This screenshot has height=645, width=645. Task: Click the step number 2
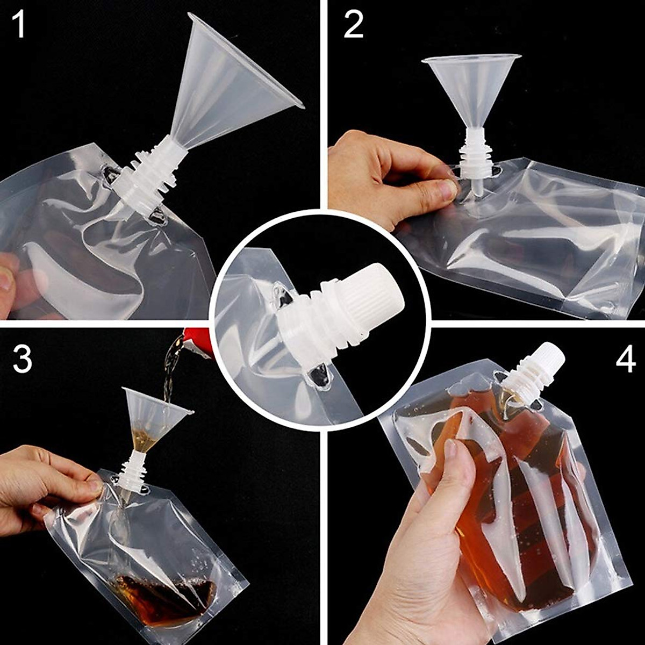(x=353, y=25)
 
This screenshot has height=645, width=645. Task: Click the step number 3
(x=22, y=360)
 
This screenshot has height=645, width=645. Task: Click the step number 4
(x=626, y=360)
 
